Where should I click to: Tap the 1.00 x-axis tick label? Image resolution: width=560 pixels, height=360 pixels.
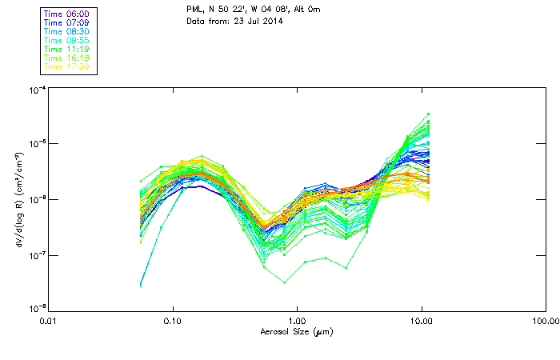[297, 321]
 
